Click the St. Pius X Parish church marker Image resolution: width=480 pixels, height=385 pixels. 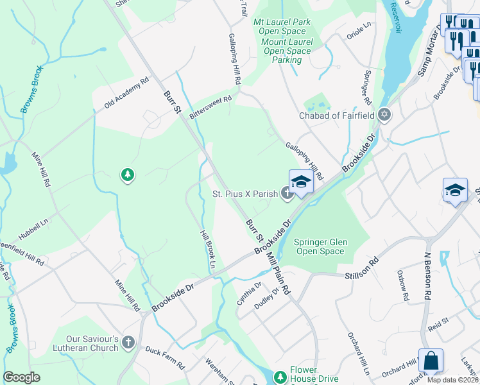[287, 193]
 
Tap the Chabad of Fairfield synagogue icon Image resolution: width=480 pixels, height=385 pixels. [384, 116]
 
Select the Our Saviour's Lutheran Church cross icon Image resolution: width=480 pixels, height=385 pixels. [129, 342]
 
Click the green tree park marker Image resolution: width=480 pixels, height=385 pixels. [128, 174]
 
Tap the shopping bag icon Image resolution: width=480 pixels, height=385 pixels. [431, 361]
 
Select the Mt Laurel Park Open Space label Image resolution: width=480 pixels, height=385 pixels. [282, 26]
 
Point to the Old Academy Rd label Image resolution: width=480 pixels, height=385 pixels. [121, 94]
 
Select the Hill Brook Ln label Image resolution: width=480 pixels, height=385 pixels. [207, 250]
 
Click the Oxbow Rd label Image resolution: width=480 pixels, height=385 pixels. [403, 286]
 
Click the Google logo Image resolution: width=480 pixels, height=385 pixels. [21, 377]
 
